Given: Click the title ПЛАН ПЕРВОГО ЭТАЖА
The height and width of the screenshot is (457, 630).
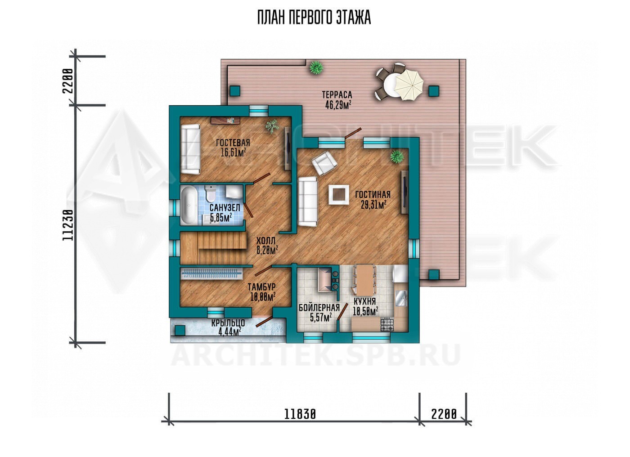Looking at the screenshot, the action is pyautogui.click(x=314, y=18).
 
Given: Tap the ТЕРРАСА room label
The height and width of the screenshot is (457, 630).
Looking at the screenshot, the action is pyautogui.click(x=337, y=95).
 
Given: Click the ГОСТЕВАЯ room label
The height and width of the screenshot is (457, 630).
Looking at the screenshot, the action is pyautogui.click(x=233, y=143).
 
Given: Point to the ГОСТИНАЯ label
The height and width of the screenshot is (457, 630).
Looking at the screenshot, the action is pyautogui.click(x=373, y=194).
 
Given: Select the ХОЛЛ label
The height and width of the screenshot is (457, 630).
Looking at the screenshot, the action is pyautogui.click(x=266, y=241).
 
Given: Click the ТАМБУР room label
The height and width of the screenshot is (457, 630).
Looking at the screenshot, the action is pyautogui.click(x=261, y=287).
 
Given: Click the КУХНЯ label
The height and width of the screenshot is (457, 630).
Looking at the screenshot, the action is pyautogui.click(x=364, y=301).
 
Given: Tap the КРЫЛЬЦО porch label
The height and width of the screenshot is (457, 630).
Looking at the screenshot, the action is pyautogui.click(x=228, y=323).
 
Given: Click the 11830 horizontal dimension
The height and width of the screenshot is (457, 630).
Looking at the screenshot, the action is pyautogui.click(x=300, y=414).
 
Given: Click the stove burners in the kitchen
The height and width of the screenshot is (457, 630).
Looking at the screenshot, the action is pyautogui.click(x=387, y=325).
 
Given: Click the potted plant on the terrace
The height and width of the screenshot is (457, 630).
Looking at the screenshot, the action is pyautogui.click(x=316, y=68).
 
